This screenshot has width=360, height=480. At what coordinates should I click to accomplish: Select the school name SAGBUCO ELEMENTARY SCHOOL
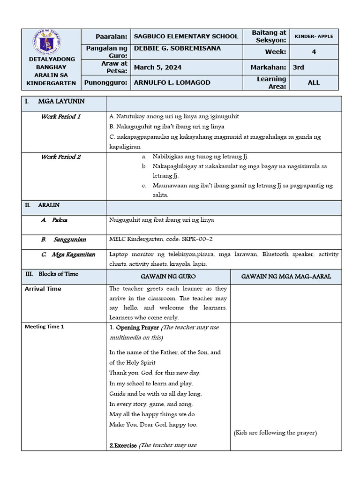click(x=186, y=36)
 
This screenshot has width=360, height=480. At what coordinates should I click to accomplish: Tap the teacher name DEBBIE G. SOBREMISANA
click(x=177, y=48)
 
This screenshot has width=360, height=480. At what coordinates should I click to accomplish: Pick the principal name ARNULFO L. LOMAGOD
click(x=172, y=82)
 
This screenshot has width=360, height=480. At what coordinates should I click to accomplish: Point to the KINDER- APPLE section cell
click(x=314, y=36)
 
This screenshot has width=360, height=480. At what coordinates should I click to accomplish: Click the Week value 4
click(x=314, y=52)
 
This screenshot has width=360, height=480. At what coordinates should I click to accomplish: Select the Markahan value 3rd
click(x=298, y=67)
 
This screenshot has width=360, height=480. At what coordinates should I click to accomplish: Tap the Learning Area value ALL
click(x=314, y=82)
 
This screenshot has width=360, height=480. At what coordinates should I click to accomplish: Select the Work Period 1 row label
click(x=61, y=116)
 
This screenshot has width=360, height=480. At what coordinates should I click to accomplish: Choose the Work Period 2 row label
click(x=61, y=157)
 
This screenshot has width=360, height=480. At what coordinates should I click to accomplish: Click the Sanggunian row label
click(x=69, y=240)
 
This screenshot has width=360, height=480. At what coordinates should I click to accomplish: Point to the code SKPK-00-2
click(x=194, y=239)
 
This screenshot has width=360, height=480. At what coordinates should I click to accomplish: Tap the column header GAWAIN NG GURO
click(x=168, y=277)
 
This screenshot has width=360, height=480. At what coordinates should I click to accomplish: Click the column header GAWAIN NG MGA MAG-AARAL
click(x=286, y=277)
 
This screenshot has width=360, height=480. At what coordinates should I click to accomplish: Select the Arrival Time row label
click(x=43, y=289)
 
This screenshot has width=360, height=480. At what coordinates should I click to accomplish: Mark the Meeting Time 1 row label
click(x=44, y=327)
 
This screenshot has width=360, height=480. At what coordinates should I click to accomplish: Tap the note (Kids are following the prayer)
click(x=275, y=433)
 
